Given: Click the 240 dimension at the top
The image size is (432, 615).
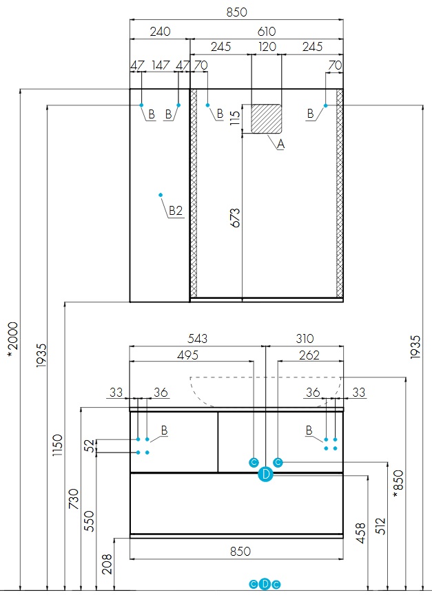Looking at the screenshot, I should tap(160, 32).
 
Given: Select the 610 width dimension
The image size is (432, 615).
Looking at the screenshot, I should tap(267, 32).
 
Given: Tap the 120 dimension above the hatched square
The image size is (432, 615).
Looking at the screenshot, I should tap(267, 47).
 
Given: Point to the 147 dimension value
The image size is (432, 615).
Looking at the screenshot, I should tap(160, 65).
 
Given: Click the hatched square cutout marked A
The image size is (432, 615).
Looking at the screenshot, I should tap(267, 118).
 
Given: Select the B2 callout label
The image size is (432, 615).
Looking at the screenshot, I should tap(175, 211).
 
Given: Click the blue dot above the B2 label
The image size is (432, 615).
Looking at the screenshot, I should tap(160, 194).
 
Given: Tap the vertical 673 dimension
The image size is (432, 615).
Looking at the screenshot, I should tap(236, 218).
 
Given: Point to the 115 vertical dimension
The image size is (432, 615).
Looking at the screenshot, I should tap(235, 119).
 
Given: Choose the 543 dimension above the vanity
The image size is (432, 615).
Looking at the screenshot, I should tap(198, 339).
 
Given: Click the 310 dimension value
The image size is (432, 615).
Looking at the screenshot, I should tap(305, 339).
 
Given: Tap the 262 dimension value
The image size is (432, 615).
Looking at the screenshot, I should tap(309, 355).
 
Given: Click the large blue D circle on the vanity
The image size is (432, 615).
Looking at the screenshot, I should tap(266, 474).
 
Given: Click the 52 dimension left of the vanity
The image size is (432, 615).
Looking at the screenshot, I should tap(89, 446).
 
